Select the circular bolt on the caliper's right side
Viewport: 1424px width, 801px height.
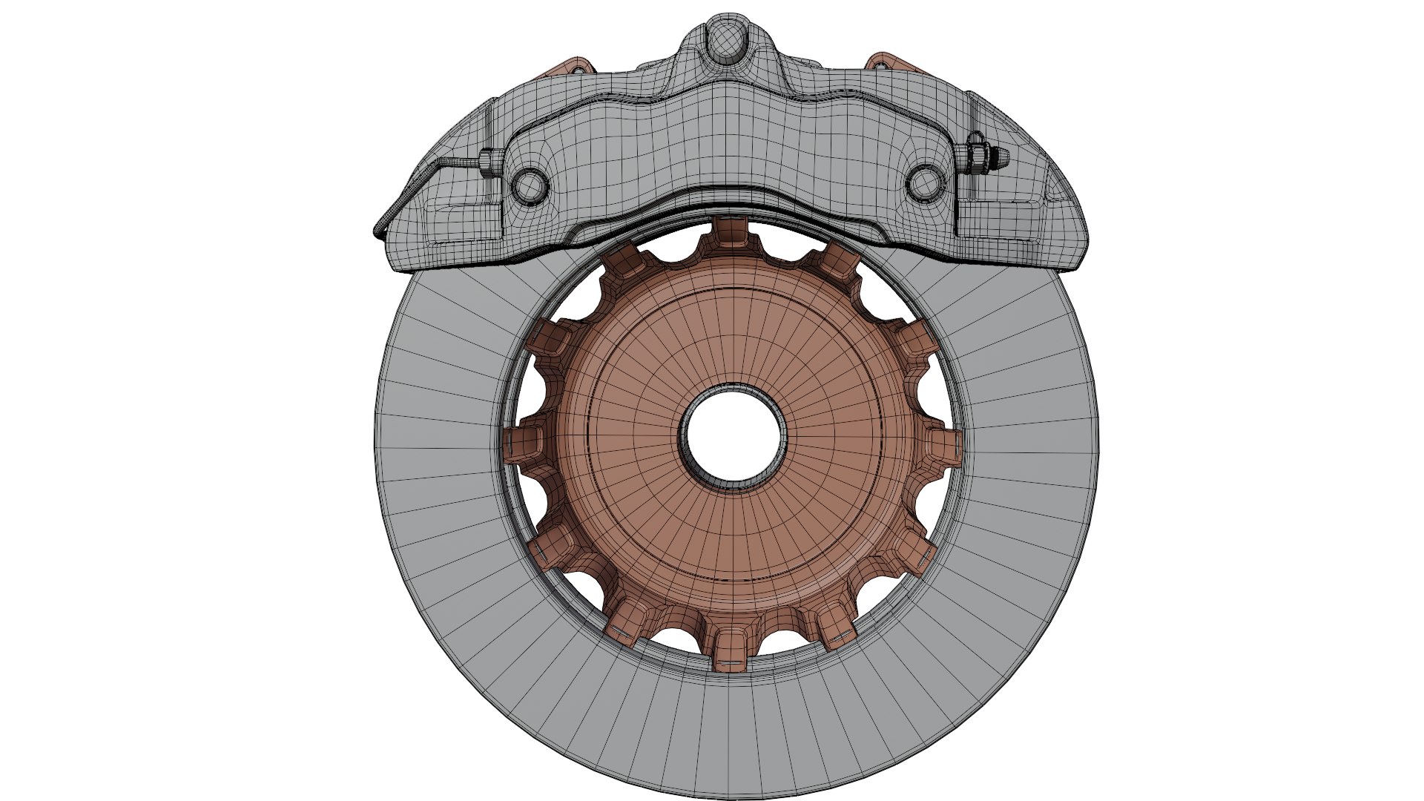pos(924,182)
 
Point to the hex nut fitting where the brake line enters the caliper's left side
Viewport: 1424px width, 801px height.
pos(486,162)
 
